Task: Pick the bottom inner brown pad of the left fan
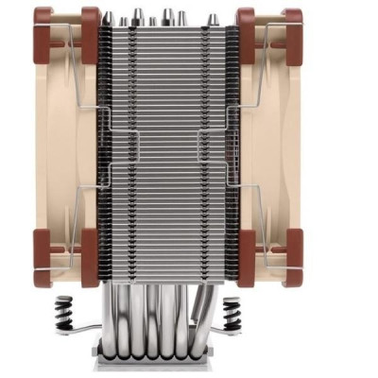pos(90,257)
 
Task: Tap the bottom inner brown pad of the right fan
pos(246,257)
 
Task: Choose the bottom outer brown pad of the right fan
pos(291,257)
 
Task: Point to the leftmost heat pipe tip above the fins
pos(109,18)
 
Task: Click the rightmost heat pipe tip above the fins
pos(212,18)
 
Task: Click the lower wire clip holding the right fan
pos(255,217)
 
